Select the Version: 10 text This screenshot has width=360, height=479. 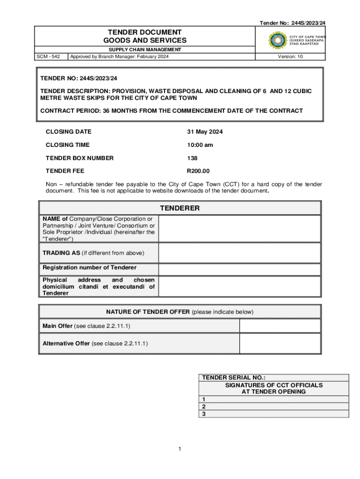tap(290, 57)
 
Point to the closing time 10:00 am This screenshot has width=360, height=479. tap(200, 145)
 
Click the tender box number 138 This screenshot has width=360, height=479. tap(192, 158)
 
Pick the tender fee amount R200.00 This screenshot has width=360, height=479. tap(198, 171)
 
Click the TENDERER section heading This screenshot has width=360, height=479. tap(180, 208)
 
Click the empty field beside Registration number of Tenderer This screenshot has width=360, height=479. tap(239, 269)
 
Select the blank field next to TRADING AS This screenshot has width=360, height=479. tap(239, 253)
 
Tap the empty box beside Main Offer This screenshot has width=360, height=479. tap(280, 326)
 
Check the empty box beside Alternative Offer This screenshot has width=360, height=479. tap(280, 343)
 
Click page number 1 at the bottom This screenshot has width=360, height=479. tap(180, 449)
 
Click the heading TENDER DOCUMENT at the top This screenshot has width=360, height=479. tap(144, 32)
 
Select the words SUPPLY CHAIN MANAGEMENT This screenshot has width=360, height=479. tap(144, 50)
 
